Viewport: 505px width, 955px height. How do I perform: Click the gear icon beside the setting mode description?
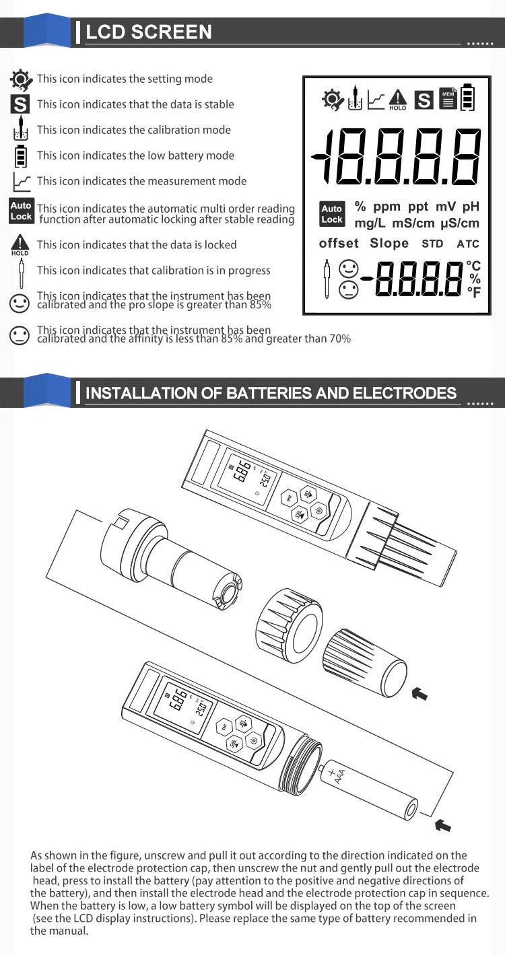point(21,79)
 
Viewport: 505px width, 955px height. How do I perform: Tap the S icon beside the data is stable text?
point(20,104)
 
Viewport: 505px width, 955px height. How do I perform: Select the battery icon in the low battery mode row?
point(20,156)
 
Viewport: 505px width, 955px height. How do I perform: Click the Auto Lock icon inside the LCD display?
point(332,214)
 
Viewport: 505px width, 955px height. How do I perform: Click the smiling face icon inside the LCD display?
point(349,269)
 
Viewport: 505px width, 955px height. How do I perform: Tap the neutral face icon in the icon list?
point(20,336)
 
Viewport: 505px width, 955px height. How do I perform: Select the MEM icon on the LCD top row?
point(448,98)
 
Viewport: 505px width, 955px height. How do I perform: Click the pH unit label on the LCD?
point(471,207)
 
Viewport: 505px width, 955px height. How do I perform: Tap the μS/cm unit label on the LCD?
point(460,223)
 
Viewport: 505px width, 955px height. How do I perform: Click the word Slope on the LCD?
point(389,243)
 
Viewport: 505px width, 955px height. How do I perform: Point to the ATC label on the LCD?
point(468,244)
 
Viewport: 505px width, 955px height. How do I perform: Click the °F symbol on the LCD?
point(474,292)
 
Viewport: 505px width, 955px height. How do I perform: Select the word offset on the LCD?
point(339,243)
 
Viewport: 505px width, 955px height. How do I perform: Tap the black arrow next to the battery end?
point(443,825)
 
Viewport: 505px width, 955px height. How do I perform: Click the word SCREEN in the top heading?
point(171,32)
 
